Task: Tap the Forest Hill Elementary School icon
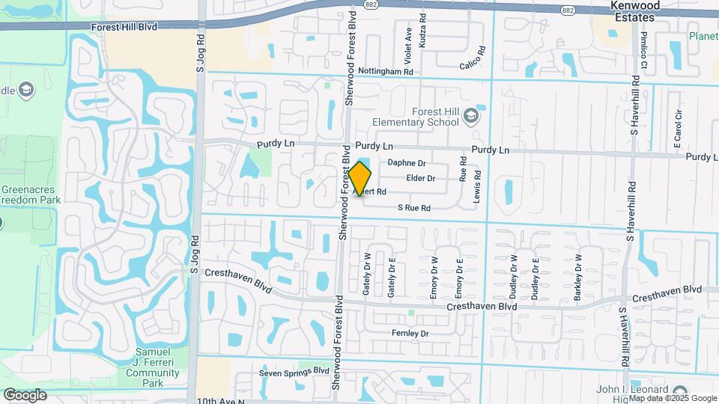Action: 470,115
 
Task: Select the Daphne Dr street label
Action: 407,163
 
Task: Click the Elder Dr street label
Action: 420,178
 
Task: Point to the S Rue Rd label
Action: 414,207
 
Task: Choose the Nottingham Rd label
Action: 386,72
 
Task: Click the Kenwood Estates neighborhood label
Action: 635,11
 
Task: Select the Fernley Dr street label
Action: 410,333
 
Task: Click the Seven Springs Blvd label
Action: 294,371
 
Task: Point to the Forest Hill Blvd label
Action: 124,26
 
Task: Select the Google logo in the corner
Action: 25,394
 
